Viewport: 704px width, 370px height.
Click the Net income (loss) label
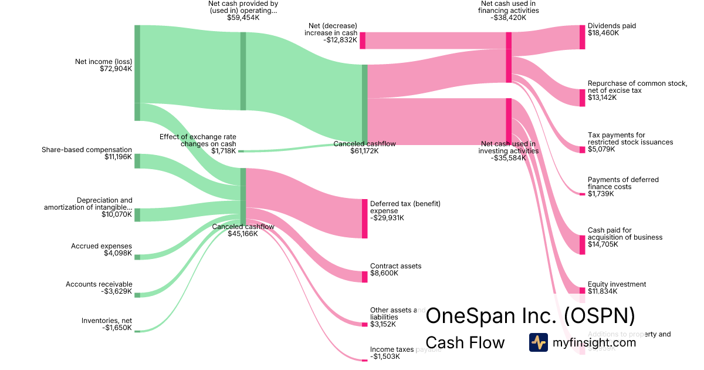tap(103, 61)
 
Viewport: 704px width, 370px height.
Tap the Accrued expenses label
tap(101, 246)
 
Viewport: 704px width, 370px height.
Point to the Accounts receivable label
tap(99, 284)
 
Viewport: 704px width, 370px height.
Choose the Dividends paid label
tap(611, 26)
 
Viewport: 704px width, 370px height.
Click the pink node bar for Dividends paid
tap(582, 37)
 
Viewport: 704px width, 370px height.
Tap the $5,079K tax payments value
tap(601, 149)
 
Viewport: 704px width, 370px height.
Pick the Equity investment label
tap(617, 284)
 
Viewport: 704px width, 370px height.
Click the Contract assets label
tap(395, 266)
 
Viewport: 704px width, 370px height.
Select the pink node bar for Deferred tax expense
tap(364, 218)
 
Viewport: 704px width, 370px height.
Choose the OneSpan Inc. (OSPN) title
tap(530, 316)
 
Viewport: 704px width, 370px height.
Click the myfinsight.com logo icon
tap(538, 342)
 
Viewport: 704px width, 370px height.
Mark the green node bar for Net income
tap(137, 73)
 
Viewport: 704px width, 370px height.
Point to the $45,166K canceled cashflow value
tap(243, 234)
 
